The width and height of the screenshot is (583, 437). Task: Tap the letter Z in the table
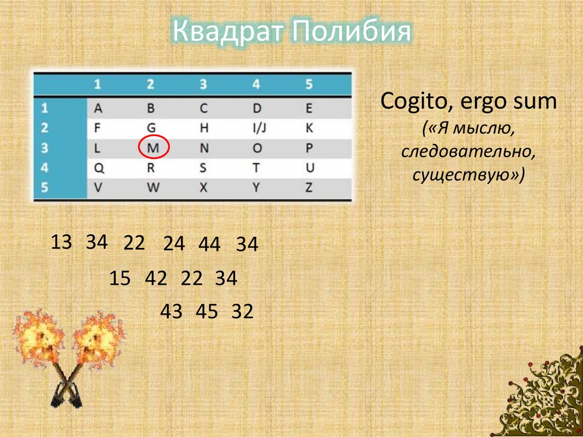pyautogui.click(x=309, y=187)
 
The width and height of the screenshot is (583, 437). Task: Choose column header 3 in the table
pyautogui.click(x=203, y=85)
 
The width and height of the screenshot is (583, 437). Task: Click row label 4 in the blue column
pyautogui.click(x=45, y=168)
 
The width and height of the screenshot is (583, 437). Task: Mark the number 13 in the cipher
pyautogui.click(x=61, y=242)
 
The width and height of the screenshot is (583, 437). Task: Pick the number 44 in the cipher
pyautogui.click(x=210, y=244)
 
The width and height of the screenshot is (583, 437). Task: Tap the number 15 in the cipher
pyautogui.click(x=120, y=279)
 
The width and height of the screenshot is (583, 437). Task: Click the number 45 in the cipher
pyautogui.click(x=207, y=312)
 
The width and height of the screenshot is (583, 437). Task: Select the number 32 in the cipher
pyautogui.click(x=242, y=312)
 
